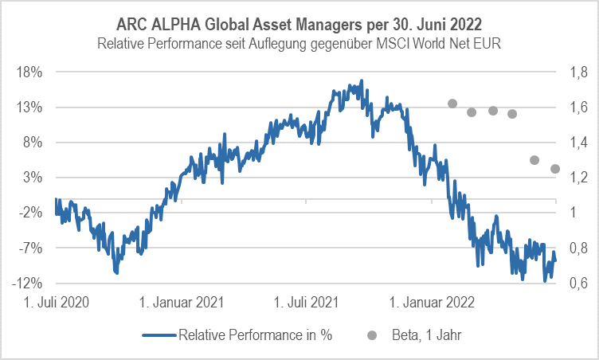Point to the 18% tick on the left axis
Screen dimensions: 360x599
click(29, 72)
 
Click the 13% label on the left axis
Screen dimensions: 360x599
click(29, 107)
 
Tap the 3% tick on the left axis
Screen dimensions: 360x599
click(33, 178)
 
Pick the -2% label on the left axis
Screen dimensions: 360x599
click(30, 213)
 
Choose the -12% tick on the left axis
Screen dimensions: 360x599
click(28, 284)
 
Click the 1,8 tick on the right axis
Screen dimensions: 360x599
click(575, 72)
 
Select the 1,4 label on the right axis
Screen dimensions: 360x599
click(575, 143)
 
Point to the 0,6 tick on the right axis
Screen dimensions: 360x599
click(575, 284)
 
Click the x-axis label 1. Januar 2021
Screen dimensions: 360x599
click(182, 303)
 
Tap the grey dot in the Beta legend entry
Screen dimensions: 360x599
click(370, 335)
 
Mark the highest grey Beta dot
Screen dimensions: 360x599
click(452, 104)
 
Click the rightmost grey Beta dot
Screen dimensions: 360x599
click(555, 169)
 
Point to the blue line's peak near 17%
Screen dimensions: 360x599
click(362, 80)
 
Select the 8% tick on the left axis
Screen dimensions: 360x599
click(33, 143)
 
